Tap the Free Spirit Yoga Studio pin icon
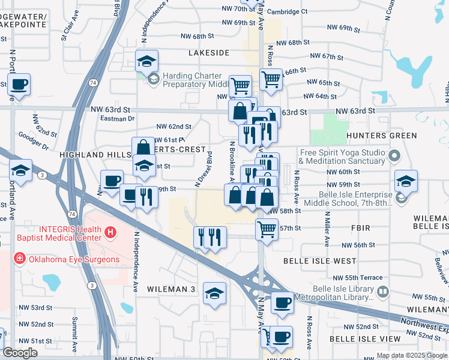pyautogui.click(x=394, y=157)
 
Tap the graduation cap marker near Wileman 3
pyautogui.click(x=214, y=294)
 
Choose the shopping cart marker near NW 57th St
pyautogui.click(x=267, y=228)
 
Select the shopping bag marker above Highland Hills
pyautogui.click(x=143, y=148)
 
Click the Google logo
pyautogui.click(x=20, y=353)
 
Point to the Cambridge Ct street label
pyautogui.click(x=288, y=11)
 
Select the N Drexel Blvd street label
pyautogui.click(x=204, y=168)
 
